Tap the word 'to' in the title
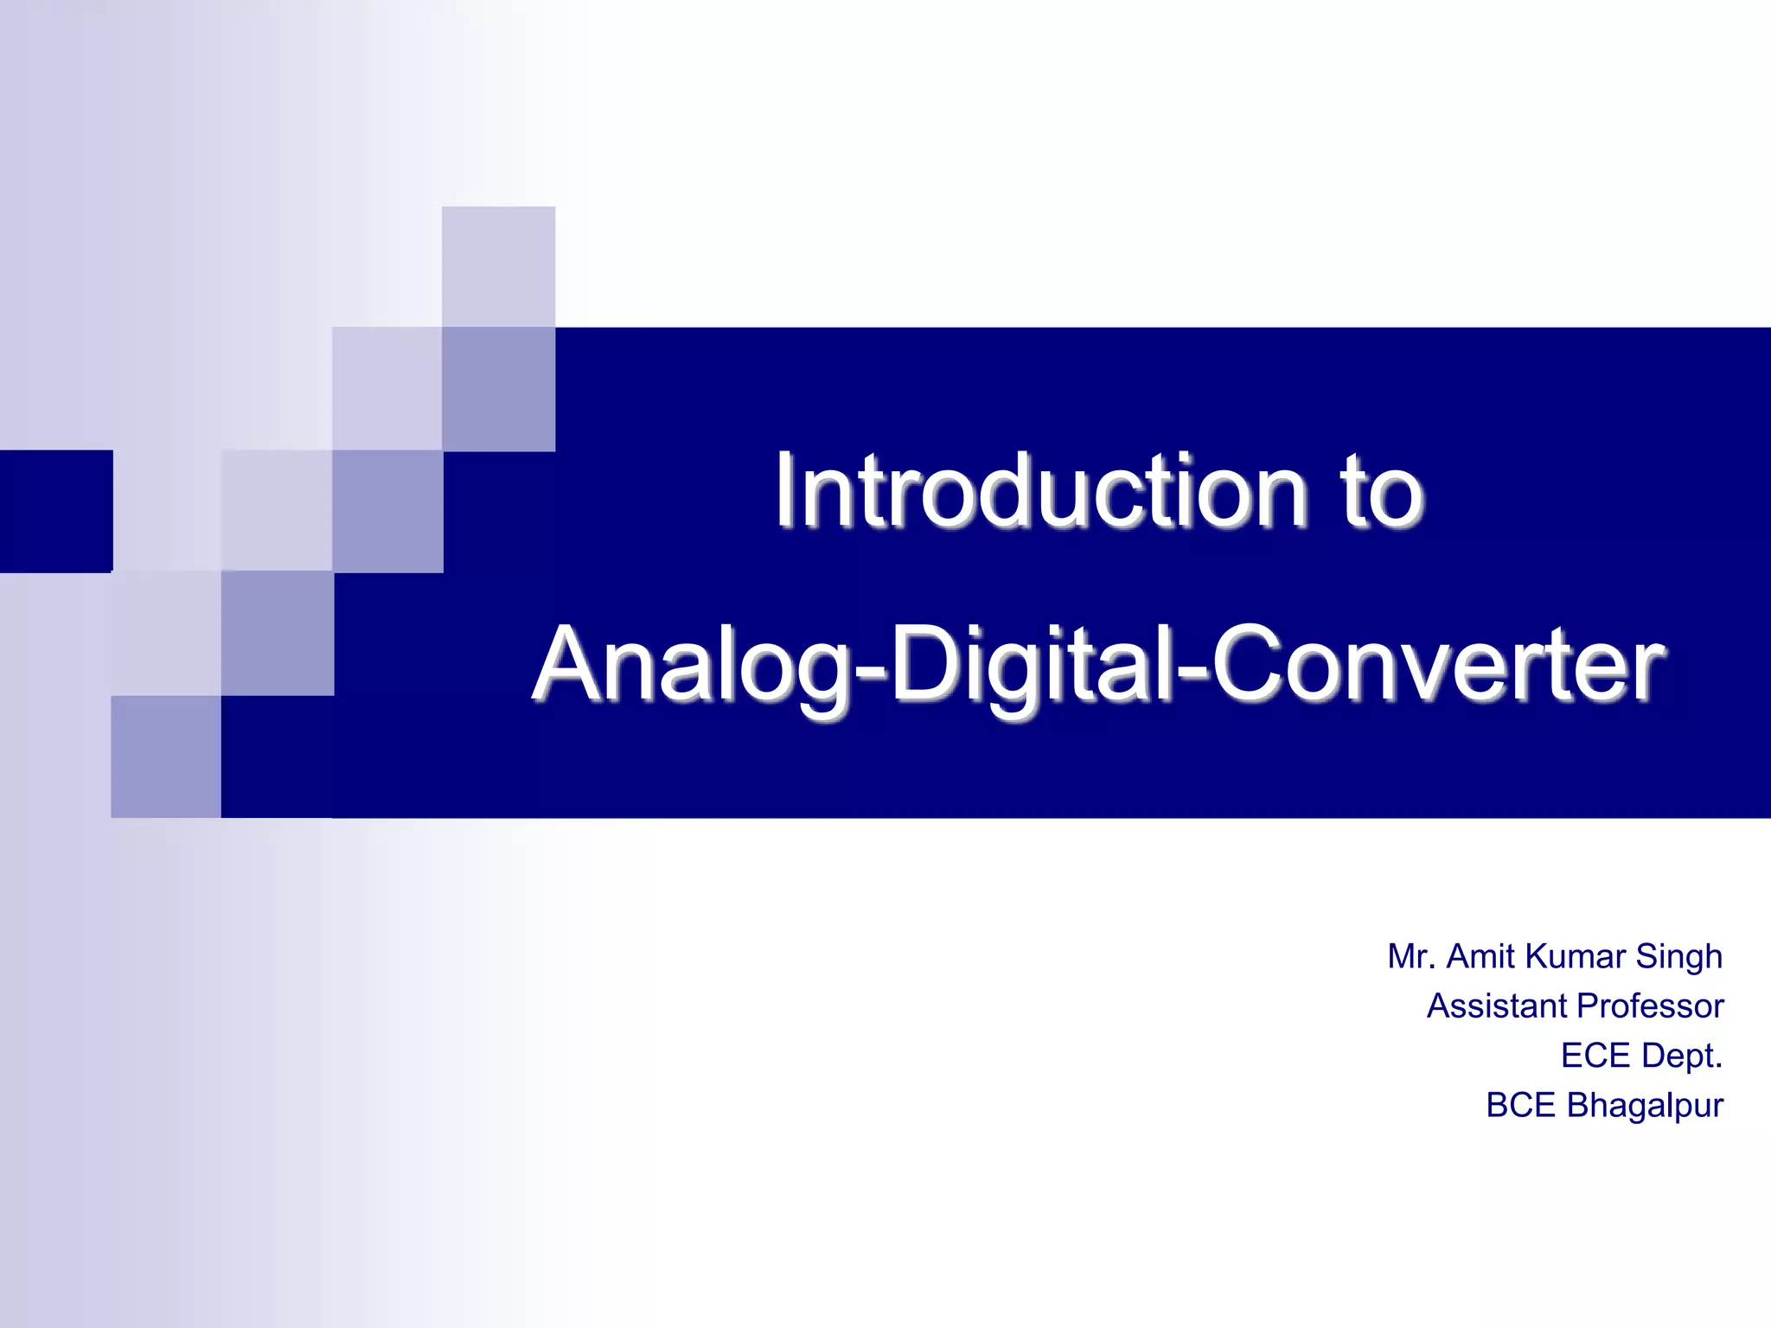[x=1380, y=493]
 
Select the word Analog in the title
[x=693, y=667]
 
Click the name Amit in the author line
[x=1480, y=956]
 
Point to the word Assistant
[x=1497, y=1006]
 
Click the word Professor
[x=1650, y=1006]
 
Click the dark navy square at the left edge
[x=55, y=511]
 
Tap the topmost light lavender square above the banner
[x=498, y=266]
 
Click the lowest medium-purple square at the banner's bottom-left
[x=166, y=757]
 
